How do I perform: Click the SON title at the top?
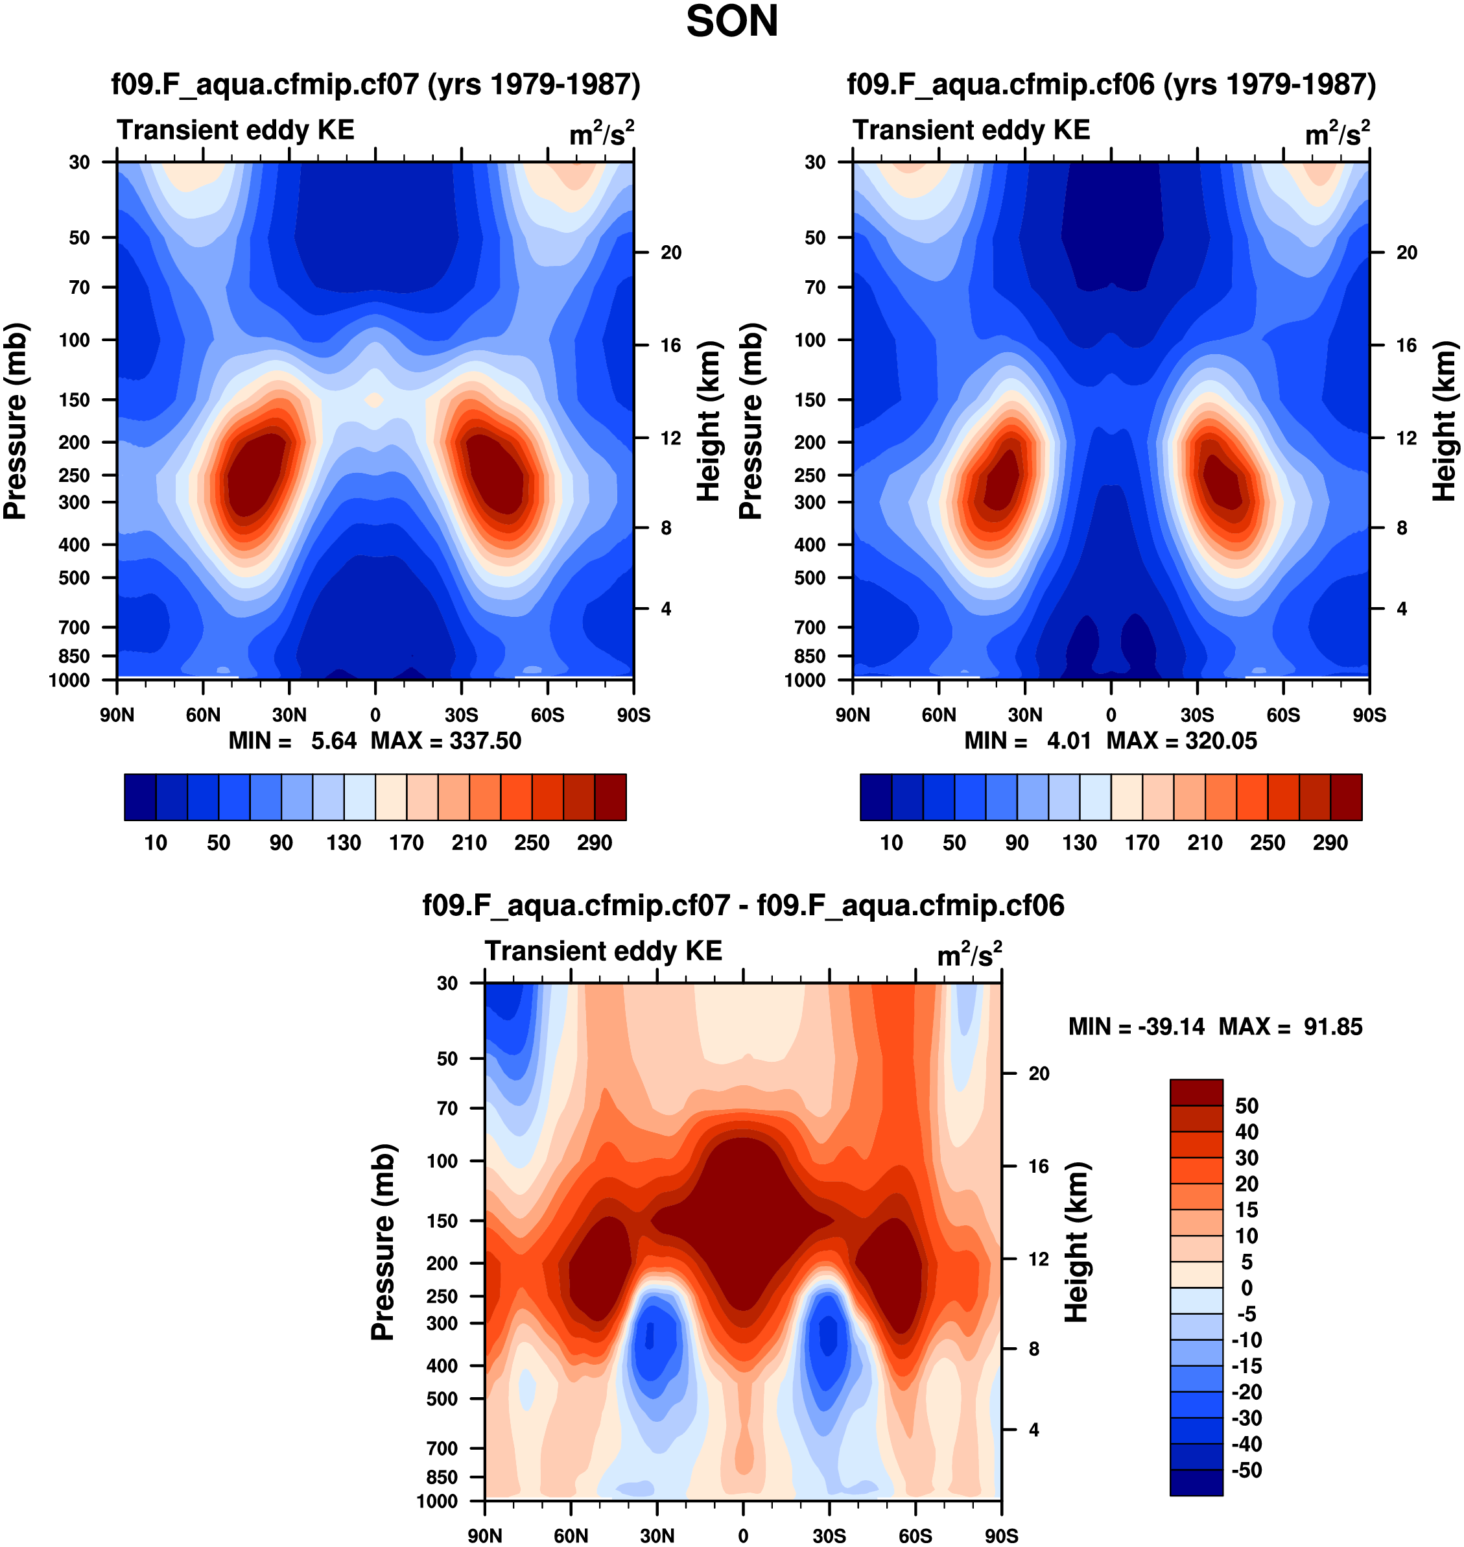click(731, 22)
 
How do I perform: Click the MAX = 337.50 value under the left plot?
click(445, 741)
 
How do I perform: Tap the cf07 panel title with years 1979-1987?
click(375, 84)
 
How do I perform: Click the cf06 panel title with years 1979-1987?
click(1111, 84)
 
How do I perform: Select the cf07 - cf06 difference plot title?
click(743, 905)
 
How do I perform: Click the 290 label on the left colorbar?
click(595, 843)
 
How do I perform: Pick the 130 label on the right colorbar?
click(1080, 843)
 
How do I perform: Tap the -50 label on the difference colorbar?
click(1246, 1470)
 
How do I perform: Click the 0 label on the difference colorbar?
click(1246, 1288)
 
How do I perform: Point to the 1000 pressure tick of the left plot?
click(69, 680)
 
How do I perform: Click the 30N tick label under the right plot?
click(1024, 715)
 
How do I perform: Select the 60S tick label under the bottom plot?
click(915, 1536)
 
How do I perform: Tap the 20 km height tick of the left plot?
click(671, 253)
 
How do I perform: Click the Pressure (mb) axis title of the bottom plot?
click(383, 1241)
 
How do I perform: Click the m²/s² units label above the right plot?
click(1337, 134)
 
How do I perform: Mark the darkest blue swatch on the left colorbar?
click(141, 797)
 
